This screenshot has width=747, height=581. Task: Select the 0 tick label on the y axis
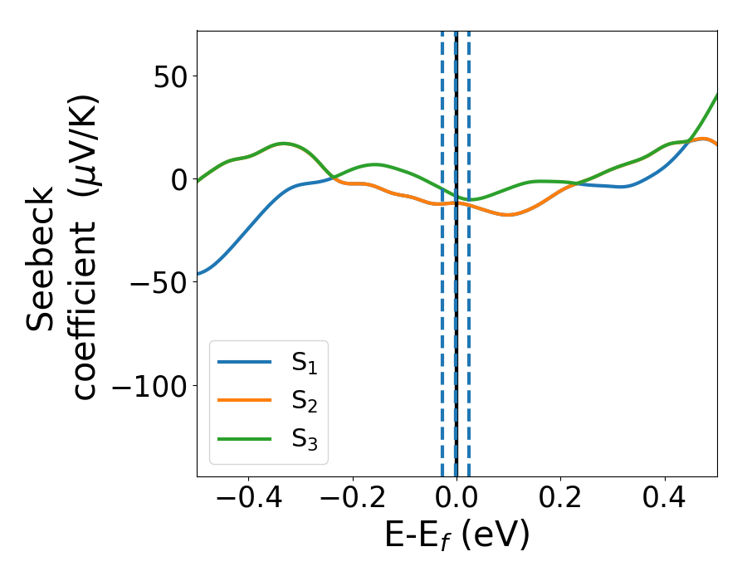click(x=177, y=179)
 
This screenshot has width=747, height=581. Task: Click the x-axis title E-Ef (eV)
click(x=456, y=537)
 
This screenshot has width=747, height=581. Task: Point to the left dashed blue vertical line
click(x=442, y=249)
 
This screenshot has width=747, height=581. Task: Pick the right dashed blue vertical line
click(x=469, y=249)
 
